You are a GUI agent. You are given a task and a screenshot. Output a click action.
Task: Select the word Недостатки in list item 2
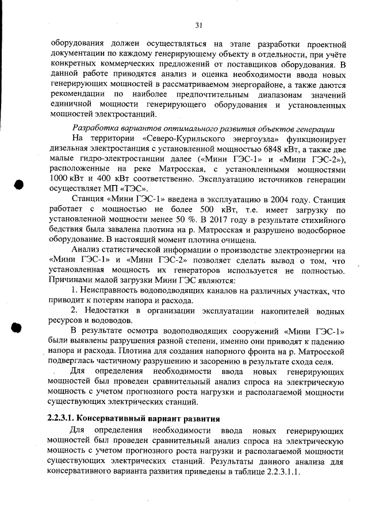(x=109, y=310)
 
